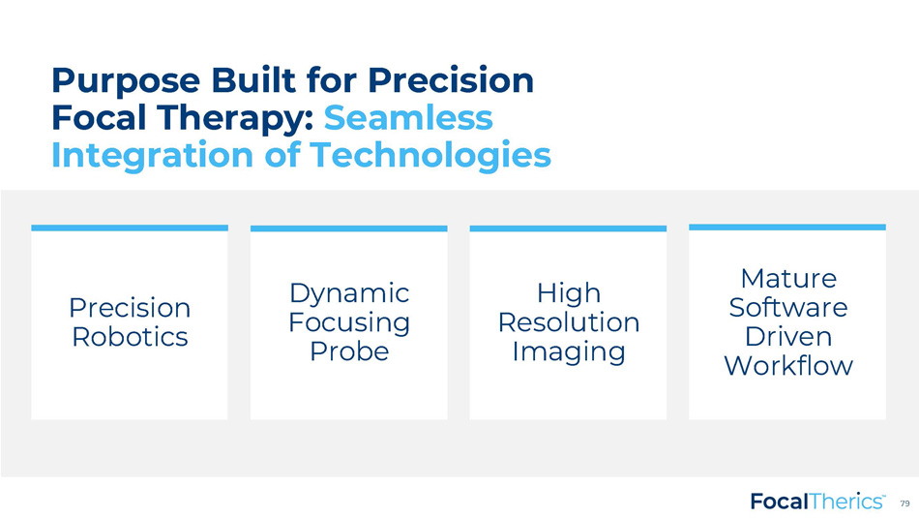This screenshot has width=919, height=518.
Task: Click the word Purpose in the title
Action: coord(126,81)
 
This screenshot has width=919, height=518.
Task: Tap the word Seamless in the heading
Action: coord(408,117)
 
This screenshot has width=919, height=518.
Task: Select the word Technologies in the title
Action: coord(430,155)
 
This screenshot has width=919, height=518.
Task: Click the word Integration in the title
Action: coord(153,156)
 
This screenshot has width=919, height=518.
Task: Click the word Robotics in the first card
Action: coord(131,337)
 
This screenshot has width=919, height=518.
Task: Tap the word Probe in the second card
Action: coord(349,351)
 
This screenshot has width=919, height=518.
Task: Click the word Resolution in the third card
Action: coord(569,322)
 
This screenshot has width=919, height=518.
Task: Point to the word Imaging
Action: coord(569,352)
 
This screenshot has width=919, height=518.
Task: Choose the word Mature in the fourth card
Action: coord(788,278)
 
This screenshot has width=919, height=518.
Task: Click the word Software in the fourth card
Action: coord(788,307)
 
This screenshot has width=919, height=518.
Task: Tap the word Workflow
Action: coord(788,365)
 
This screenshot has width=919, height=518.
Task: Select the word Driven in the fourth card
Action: coord(788,336)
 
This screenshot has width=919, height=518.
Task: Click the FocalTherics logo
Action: coord(817,502)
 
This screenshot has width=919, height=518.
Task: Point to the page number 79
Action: coord(904,503)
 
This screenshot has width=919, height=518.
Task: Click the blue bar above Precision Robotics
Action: coord(130,228)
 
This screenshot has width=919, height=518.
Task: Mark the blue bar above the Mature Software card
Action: coord(787,227)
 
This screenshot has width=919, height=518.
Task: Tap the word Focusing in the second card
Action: coord(348,323)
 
